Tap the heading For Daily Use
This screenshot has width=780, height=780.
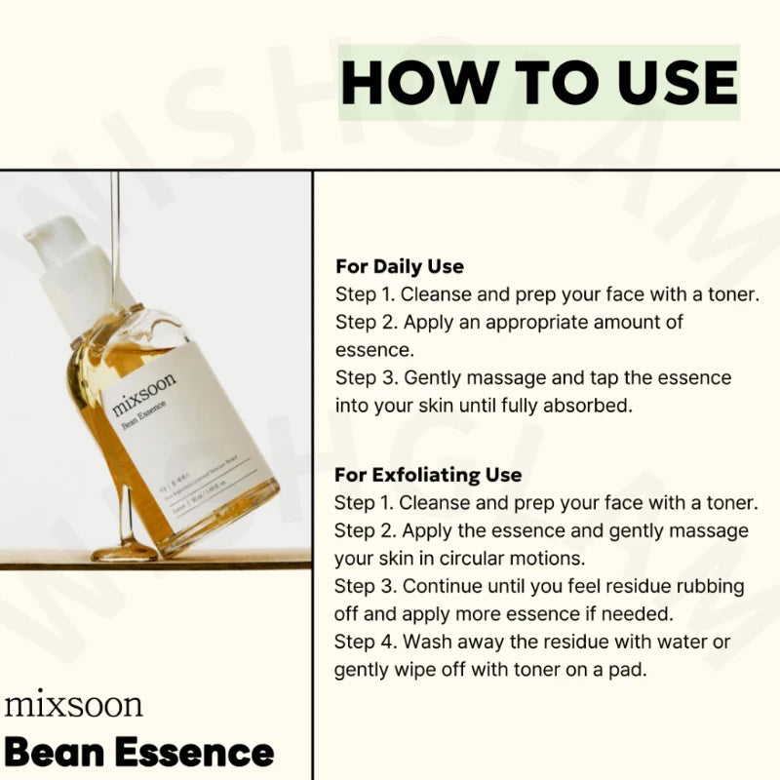(399, 266)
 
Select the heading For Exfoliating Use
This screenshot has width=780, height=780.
(428, 475)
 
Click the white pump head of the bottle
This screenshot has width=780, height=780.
(60, 244)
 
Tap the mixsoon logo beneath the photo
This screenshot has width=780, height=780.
(73, 704)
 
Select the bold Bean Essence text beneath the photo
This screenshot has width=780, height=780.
(138, 753)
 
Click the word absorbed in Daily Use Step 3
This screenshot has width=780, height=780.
(589, 405)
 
